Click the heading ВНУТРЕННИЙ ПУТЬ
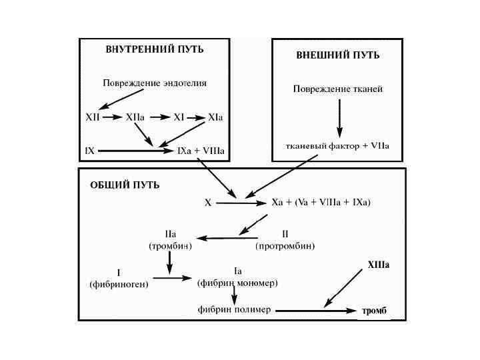155,49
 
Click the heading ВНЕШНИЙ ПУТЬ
338,55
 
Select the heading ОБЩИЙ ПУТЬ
125,185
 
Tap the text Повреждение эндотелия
155,83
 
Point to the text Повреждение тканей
338,89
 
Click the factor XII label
93,117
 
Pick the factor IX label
89,151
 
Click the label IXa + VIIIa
201,151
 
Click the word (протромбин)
285,245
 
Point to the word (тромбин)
170,245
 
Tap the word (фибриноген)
119,283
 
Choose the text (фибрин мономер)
238,283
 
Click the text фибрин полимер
234,310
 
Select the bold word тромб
374,311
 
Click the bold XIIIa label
378,265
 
